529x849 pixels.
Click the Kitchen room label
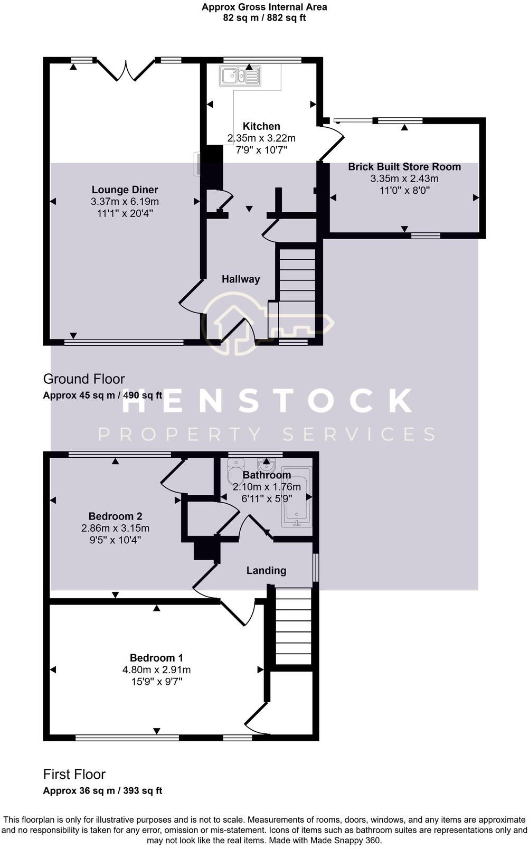click(261, 126)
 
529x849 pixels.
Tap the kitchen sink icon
click(241, 76)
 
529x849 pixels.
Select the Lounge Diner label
click(125, 190)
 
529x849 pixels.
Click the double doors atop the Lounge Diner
click(126, 71)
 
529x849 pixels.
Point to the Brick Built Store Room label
click(404, 167)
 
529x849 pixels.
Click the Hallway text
click(241, 279)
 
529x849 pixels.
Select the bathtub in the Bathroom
click(297, 497)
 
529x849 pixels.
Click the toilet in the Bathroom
click(234, 472)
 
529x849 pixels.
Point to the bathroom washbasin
click(267, 465)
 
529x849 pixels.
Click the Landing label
click(266, 570)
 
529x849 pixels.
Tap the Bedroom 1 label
click(156, 658)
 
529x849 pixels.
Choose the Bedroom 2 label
click(115, 516)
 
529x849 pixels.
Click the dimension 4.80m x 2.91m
click(156, 669)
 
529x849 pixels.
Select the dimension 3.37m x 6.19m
click(125, 202)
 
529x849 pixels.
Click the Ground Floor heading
click(84, 379)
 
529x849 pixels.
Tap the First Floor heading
click(74, 775)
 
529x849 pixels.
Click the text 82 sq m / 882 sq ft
click(264, 18)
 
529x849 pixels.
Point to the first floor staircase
click(294, 626)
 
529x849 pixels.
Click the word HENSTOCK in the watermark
click(267, 401)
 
